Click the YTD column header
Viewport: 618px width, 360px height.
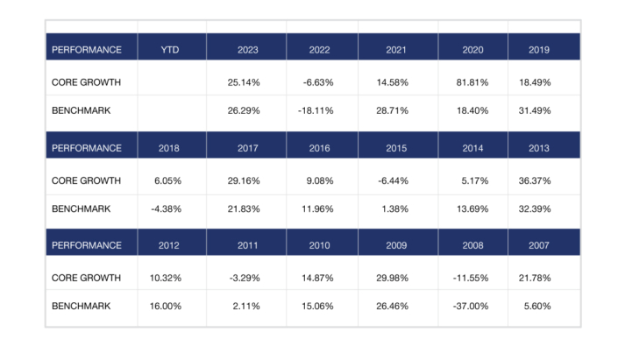171,50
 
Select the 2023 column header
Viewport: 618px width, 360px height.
247,50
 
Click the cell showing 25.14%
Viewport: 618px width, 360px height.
247,82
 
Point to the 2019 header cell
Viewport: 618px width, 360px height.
539,50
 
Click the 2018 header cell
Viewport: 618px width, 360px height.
171,148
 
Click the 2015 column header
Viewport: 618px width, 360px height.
397,148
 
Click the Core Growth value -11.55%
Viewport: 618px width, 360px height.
472,279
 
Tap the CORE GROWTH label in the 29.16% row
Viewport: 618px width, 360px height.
86,180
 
